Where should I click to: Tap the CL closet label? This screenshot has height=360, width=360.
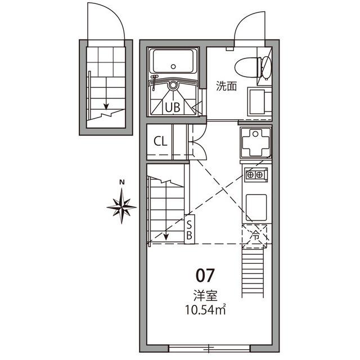160,141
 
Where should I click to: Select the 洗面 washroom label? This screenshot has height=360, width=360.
226,86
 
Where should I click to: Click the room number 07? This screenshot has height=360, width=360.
205,275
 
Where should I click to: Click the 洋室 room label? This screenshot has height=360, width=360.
205,295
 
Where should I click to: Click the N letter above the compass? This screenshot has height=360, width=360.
121,182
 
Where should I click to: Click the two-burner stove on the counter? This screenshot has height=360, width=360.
255,174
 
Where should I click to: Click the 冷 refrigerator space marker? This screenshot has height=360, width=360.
255,236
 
